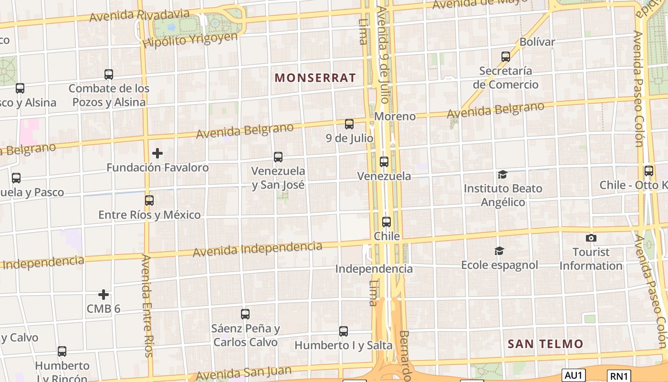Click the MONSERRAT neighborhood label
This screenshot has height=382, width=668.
[315, 78]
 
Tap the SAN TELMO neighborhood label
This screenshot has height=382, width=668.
[545, 344]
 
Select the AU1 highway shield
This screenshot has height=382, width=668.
[573, 375]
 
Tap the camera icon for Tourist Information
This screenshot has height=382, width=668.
[591, 238]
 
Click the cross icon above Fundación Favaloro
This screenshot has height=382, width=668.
[157, 153]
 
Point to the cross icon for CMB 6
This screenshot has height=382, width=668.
[104, 295]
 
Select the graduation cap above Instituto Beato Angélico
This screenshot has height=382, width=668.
[502, 174]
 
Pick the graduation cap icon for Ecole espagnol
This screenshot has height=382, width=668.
[499, 251]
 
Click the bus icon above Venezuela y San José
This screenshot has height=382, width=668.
[278, 157]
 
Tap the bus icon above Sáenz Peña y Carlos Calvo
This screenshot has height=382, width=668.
[245, 314]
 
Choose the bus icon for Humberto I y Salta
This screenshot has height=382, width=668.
[344, 331]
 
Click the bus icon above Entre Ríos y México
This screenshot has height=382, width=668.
[149, 201]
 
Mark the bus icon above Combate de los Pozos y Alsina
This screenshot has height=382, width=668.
[109, 74]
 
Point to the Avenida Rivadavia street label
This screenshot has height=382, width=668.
[140, 15]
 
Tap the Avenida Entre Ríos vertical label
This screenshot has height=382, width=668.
[147, 306]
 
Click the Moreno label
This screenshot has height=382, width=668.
[395, 117]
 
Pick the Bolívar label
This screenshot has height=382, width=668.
[537, 42]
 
